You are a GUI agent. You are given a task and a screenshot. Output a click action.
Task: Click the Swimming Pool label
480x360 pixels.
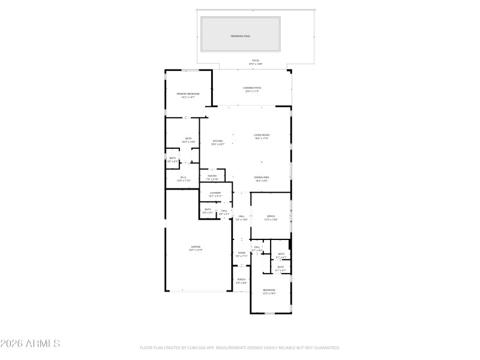click(x=241, y=36)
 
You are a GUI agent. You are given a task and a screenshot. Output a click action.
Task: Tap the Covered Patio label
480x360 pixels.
click(x=253, y=88)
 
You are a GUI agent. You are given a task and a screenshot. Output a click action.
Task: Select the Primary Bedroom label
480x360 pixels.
click(x=188, y=94)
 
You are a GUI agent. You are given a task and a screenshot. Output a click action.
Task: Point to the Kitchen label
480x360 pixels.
click(x=217, y=142)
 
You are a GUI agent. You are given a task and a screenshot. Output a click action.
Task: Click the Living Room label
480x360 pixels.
click(x=262, y=135)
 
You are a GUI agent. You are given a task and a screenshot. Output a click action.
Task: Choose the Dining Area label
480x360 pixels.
click(x=261, y=177)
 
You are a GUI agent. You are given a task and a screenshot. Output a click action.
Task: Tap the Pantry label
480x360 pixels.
click(x=212, y=176)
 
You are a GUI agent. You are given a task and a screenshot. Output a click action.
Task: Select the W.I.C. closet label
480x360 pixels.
click(x=184, y=177)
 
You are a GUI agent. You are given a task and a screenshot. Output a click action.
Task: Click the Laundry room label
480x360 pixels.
click(x=215, y=193)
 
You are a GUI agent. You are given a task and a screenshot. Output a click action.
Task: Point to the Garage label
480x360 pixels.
click(x=196, y=246)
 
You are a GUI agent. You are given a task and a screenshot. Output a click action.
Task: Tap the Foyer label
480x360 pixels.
click(x=242, y=253)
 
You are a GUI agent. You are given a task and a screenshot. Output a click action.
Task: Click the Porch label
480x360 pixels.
click(x=241, y=280)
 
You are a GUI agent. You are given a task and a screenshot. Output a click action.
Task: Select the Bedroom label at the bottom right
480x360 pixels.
click(x=269, y=290)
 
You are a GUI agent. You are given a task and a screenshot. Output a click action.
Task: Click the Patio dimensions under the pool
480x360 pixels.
click(x=256, y=63)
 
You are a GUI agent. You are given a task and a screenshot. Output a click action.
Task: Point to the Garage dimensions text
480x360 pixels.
click(x=196, y=250)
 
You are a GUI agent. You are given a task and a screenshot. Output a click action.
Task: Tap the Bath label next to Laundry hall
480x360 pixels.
click(x=208, y=209)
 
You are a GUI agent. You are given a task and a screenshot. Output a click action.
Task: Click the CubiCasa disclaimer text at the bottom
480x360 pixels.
click(x=240, y=347)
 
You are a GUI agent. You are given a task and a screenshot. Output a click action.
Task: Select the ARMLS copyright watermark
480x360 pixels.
click(x=30, y=344)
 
